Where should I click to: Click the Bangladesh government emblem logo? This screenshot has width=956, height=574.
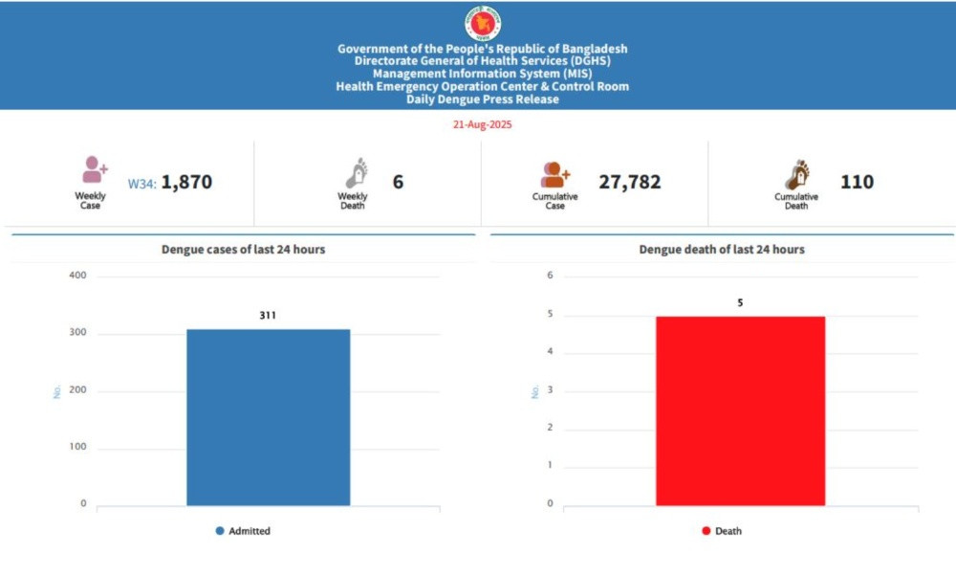click(482, 24)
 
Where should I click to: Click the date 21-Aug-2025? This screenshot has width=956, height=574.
click(482, 124)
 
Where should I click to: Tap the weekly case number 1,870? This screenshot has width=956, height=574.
click(186, 182)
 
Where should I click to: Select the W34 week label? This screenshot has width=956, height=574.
click(142, 183)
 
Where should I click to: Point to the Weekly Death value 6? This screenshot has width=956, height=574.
click(398, 182)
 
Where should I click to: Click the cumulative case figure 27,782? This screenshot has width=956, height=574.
click(630, 182)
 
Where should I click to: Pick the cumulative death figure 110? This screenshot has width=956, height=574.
click(857, 182)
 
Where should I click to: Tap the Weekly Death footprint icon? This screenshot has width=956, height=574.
click(356, 174)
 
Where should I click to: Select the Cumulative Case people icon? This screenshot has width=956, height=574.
click(555, 174)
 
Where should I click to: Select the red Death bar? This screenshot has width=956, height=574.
click(740, 410)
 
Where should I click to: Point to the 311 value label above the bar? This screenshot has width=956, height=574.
click(268, 315)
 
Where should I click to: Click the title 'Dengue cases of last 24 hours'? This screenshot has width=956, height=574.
click(243, 250)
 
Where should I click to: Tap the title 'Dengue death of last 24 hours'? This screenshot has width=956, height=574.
click(722, 250)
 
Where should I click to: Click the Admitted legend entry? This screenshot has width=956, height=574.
click(243, 531)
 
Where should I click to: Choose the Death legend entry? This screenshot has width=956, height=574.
click(721, 531)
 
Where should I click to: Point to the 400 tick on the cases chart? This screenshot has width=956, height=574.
click(77, 276)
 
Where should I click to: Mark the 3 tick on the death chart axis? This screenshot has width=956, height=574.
click(550, 390)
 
